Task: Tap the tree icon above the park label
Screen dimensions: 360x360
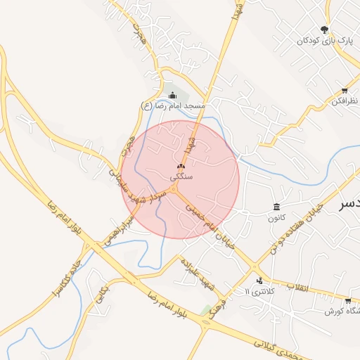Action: (324, 30)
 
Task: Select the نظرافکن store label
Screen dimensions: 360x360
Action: (343, 101)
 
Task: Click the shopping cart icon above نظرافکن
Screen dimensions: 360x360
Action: (345, 91)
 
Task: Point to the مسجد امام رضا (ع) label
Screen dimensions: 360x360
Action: (173, 105)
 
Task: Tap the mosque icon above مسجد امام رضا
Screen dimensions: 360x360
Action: (173, 95)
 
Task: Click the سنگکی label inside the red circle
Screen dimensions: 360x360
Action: (181, 176)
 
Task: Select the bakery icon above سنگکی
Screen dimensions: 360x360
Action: (181, 167)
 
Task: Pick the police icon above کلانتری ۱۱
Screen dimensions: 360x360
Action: (260, 280)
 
